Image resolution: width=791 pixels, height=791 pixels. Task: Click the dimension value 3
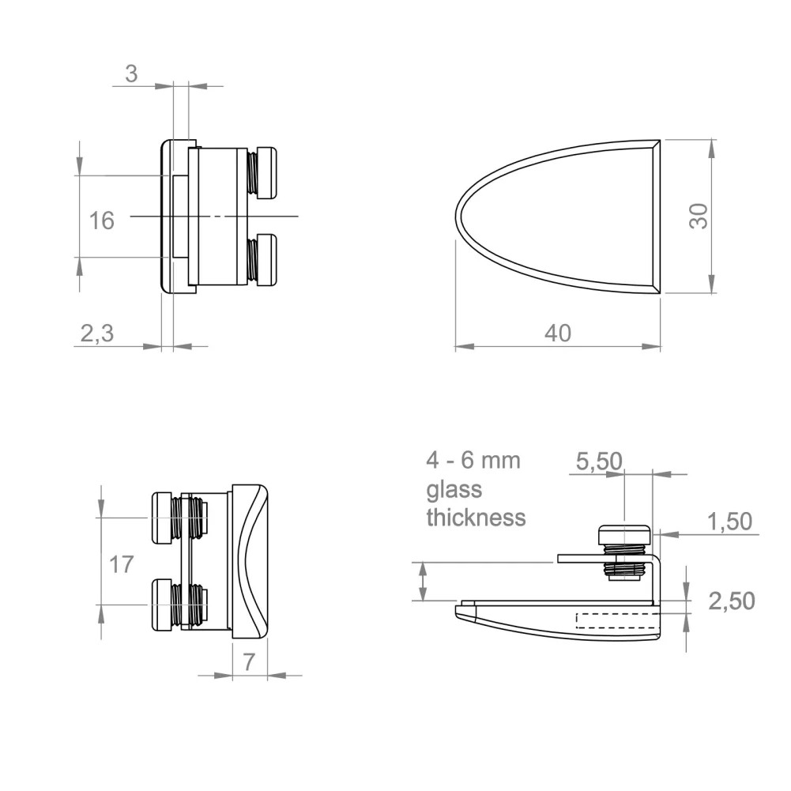tap(131, 74)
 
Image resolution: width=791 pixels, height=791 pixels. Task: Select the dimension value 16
tap(101, 221)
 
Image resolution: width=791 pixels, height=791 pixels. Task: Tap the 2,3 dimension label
tap(97, 333)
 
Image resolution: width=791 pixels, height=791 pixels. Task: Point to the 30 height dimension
tap(699, 216)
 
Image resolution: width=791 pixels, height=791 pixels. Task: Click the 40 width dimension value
tap(558, 333)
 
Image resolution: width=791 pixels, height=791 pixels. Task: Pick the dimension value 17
tap(122, 564)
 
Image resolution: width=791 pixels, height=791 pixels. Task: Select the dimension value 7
tap(249, 662)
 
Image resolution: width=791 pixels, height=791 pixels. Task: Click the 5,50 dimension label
tap(599, 461)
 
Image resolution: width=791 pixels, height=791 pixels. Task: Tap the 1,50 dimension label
tap(730, 521)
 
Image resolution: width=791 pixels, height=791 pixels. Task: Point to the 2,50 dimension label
tap(732, 601)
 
